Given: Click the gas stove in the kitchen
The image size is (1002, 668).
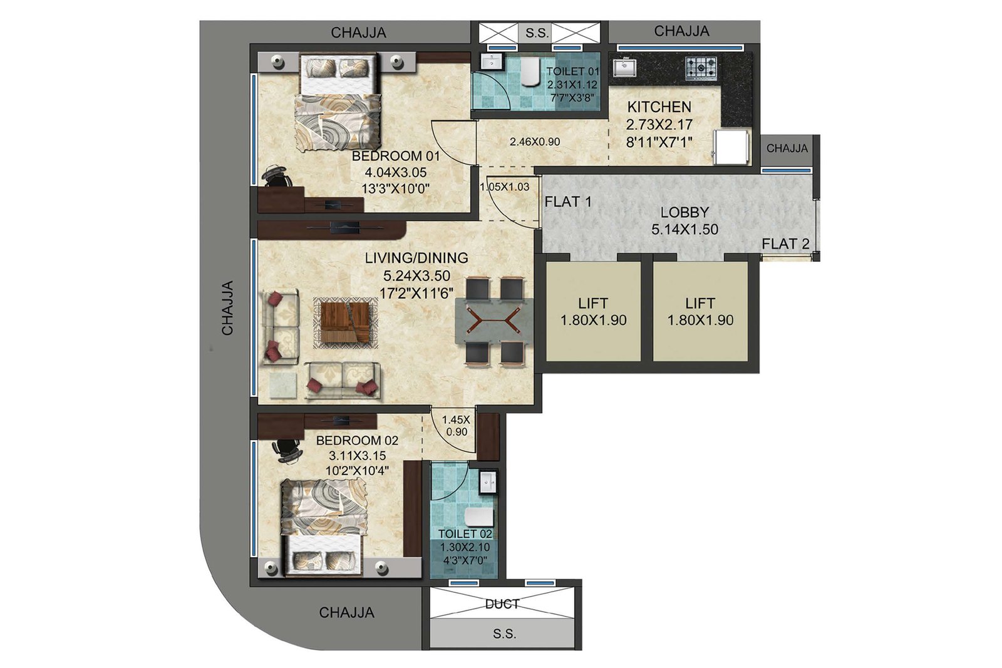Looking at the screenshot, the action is pos(701,69).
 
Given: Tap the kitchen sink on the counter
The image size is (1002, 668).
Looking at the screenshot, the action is pos(625,67).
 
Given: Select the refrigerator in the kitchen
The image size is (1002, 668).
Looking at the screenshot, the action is pos(731,146).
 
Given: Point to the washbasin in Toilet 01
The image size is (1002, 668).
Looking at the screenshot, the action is pos(492,62).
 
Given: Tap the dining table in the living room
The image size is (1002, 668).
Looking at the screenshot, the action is pos(494,321).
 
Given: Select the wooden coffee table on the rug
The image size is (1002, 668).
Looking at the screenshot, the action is pos(345,322).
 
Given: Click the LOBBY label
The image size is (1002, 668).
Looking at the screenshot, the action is pos(685,212).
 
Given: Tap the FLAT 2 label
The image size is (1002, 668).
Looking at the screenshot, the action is pos(785,244).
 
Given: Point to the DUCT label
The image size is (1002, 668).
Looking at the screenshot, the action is pos(502,604).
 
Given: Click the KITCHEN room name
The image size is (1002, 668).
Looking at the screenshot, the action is pos(659,107).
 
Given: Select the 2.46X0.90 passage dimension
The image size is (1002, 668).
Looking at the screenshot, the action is pos(535,141).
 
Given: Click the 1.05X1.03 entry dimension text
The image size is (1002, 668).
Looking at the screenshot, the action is pos(505,187).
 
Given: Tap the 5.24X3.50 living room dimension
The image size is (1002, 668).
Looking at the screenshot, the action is pos(416,275).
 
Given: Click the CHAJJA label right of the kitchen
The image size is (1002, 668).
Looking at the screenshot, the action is pos(787,148).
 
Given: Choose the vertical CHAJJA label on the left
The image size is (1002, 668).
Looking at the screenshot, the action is pos(228,307).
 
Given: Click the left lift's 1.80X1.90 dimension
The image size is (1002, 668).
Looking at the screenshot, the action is pos(593,320).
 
